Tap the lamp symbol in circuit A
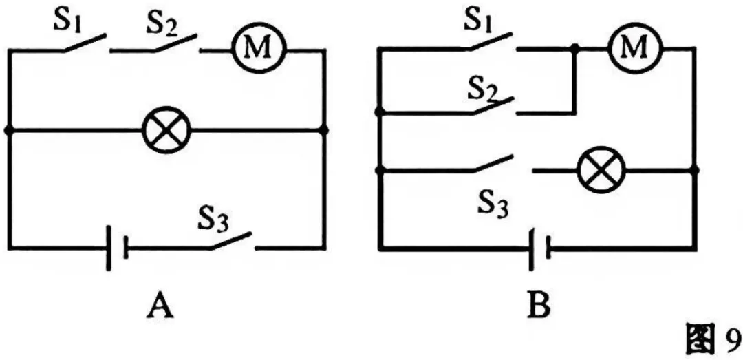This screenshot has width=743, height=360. click(166, 129)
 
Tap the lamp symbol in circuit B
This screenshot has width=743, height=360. click(601, 170)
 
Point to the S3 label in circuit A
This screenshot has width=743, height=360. click(214, 219)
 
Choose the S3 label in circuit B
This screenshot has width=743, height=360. click(493, 204)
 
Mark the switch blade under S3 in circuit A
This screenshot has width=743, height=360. click(230, 240)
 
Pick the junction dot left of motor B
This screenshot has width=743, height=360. click(574, 48)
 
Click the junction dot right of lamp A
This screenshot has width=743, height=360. click(324, 129)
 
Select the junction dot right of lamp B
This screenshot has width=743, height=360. click(695, 170)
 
